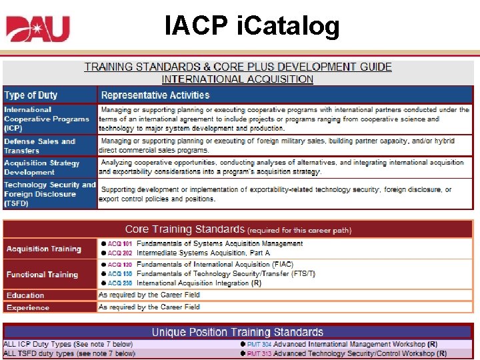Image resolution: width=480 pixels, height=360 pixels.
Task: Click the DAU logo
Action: pyautogui.click(x=38, y=28)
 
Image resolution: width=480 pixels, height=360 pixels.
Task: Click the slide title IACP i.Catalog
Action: pyautogui.click(x=252, y=26)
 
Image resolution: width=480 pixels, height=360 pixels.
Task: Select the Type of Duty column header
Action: pyautogui.click(x=31, y=95)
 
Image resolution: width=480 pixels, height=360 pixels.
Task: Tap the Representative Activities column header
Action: pyautogui.click(x=155, y=95)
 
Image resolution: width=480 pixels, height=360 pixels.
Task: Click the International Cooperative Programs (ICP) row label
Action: pyautogui.click(x=47, y=119)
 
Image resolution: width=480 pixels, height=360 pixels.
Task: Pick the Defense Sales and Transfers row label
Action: pyautogui.click(x=40, y=146)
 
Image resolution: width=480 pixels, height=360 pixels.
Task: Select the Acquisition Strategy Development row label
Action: pyautogui.click(x=42, y=167)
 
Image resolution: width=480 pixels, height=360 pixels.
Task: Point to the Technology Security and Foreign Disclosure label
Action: pyautogui.click(x=50, y=194)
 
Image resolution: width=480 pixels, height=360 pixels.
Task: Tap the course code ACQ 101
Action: pyautogui.click(x=120, y=244)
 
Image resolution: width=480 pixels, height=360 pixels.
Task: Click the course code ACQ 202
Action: pyautogui.click(x=120, y=253)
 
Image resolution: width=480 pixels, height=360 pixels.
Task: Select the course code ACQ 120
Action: pyautogui.click(x=120, y=265)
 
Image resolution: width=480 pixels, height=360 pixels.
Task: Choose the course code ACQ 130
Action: pyautogui.click(x=120, y=274)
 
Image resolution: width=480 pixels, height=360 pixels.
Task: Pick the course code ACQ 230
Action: pyautogui.click(x=120, y=283)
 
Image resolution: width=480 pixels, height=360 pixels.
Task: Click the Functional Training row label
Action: pyautogui.click(x=42, y=275)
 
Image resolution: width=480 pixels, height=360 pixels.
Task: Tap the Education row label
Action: pyautogui.click(x=25, y=295)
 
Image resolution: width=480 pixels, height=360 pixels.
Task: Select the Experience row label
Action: pyautogui.click(x=28, y=307)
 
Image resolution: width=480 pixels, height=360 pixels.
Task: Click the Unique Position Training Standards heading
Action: pyautogui.click(x=237, y=332)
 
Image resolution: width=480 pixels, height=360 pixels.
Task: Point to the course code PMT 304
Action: pyautogui.click(x=259, y=345)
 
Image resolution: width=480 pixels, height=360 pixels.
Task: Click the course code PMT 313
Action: pyautogui.click(x=259, y=354)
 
